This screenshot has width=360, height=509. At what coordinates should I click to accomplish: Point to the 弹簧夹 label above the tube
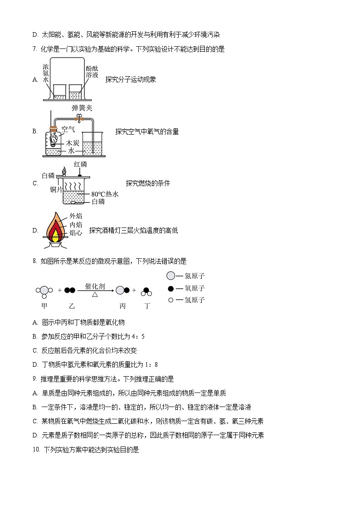pos(82,108)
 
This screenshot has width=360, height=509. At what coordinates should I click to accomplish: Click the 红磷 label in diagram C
pos(80,164)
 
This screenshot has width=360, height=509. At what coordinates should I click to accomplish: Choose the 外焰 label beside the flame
pos(76,216)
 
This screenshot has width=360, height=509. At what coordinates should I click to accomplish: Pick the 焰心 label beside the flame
pos(76,233)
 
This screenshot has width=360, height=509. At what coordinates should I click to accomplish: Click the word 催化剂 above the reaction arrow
pos(95,286)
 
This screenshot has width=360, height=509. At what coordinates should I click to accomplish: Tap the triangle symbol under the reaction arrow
pos(95,295)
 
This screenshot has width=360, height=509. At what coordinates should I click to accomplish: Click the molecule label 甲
pos(44,306)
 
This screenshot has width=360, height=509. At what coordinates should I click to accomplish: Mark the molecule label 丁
pos(146,306)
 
